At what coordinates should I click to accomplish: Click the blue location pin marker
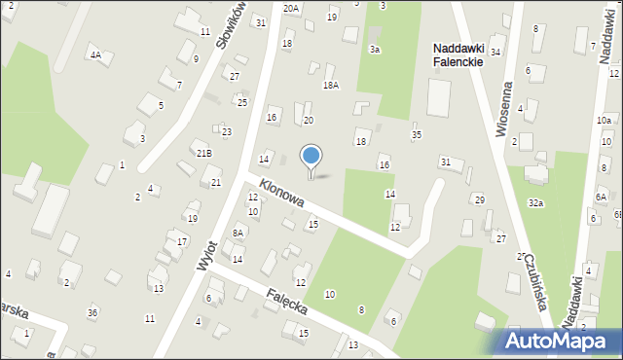pos(311,157)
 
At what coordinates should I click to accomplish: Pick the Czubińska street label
pos(533,282)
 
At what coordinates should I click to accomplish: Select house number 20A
pos(291,8)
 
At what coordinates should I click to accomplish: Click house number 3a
pos(375,49)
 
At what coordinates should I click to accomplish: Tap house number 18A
pos(331,86)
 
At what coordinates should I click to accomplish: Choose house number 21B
pos(203,153)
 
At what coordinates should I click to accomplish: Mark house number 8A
pos(238,233)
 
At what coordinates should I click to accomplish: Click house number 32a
pos(535,202)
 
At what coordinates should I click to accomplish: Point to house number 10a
pos(604,121)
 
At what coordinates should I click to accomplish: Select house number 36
pos(92,311)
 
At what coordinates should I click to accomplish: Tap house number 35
pos(417,134)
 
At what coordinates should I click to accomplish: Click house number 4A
pos(95,54)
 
